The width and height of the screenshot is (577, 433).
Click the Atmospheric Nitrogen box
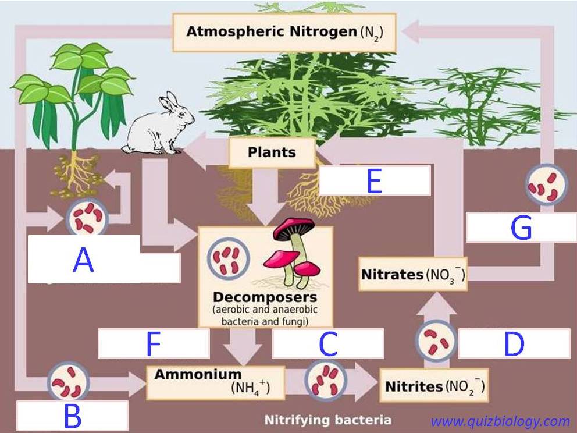point(284,33)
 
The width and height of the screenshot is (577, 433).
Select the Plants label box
point(272,152)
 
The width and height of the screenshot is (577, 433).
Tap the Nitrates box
point(413,274)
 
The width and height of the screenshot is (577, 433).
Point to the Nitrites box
point(434,385)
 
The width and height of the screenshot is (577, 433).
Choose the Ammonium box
point(216,382)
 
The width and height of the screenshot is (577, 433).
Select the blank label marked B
point(73,416)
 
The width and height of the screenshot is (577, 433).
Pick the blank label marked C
point(328,343)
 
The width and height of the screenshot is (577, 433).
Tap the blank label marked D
point(514,343)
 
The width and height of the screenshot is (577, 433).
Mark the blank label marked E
point(375,181)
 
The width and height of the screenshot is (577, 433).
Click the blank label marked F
point(154,343)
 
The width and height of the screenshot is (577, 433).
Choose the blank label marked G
point(521,227)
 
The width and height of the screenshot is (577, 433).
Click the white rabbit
point(159,125)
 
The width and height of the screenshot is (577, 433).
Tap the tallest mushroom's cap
point(294,227)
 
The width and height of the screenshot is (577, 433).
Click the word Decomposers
point(265,297)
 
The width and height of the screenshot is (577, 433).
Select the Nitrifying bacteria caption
point(328,420)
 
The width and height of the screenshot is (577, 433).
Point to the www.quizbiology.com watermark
point(500,421)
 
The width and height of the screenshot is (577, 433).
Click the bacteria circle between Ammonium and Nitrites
point(326,381)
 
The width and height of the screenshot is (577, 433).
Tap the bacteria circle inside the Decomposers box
point(229,258)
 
